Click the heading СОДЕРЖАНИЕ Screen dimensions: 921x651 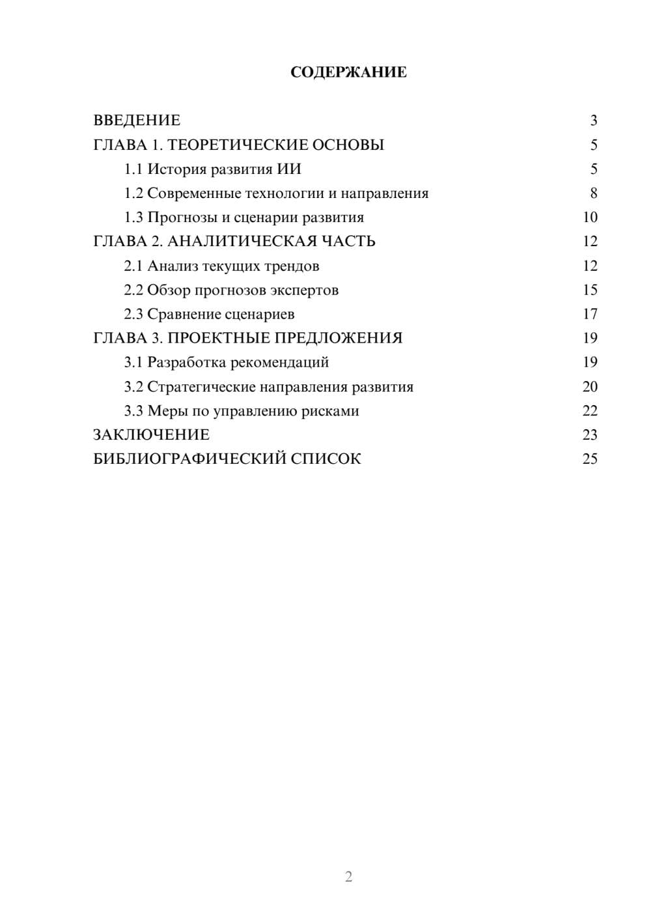point(348,72)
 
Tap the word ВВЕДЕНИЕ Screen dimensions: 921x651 point(137,120)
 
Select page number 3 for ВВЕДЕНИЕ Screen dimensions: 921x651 point(594,120)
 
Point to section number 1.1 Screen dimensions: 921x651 point(133,169)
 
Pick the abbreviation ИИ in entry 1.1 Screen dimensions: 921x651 point(289,169)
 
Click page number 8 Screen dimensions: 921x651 point(594,193)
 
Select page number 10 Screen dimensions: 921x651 point(590,218)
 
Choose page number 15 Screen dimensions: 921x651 point(590,290)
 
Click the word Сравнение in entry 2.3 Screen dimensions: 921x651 point(184,315)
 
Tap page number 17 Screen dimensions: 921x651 point(590,315)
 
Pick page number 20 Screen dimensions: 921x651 point(590,387)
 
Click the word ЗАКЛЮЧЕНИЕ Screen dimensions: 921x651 point(151,435)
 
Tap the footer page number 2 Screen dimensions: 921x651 point(348,877)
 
